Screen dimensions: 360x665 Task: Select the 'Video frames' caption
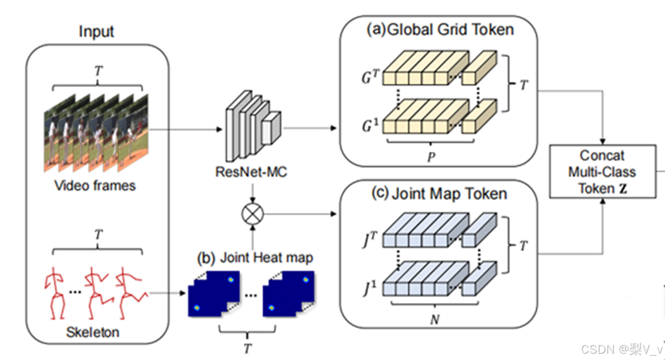point(95,186)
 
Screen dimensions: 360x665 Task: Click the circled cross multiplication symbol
point(252,214)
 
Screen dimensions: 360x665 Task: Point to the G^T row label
point(369,81)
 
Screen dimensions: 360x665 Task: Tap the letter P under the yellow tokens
point(431,157)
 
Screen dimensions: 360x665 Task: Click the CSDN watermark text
point(621,349)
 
